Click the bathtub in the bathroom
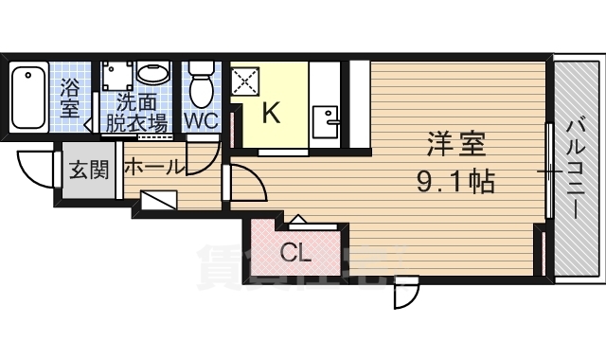coord(31,98)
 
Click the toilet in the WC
coord(201,87)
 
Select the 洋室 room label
coord(456,145)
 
